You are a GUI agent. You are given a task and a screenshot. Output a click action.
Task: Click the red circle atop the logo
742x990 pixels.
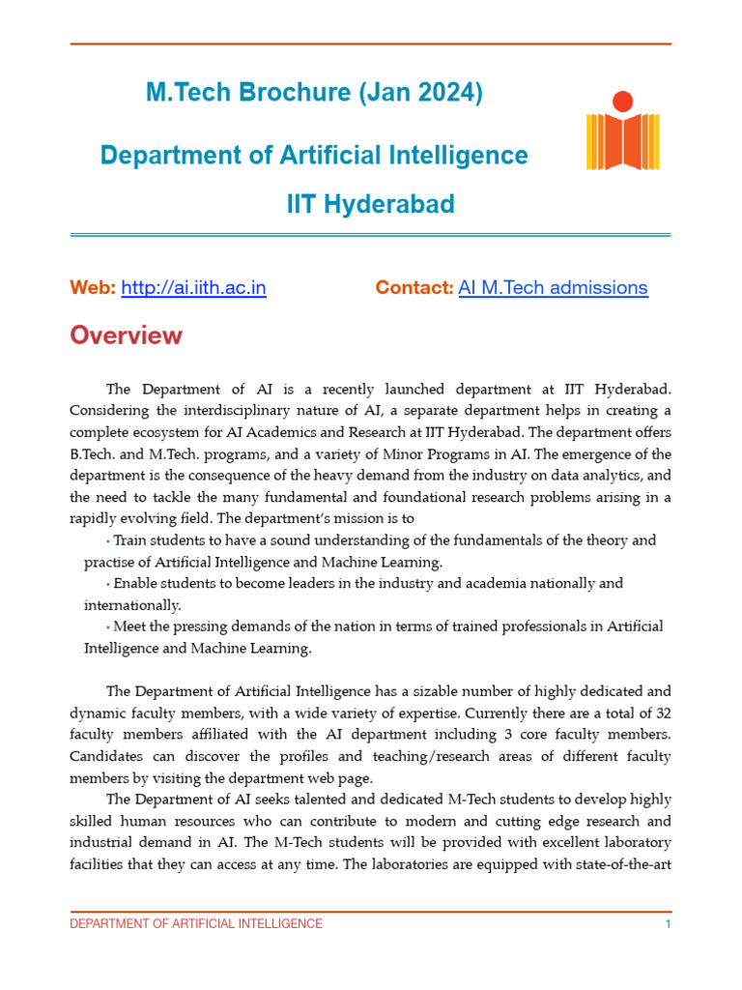click(x=623, y=101)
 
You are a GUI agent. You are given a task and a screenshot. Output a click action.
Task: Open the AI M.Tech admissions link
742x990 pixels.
click(x=553, y=287)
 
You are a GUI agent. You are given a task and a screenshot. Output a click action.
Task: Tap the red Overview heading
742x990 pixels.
click(x=126, y=335)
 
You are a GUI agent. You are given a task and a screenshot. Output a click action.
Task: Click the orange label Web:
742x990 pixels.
click(x=93, y=287)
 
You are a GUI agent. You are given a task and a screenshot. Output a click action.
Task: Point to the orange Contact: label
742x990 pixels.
click(x=414, y=287)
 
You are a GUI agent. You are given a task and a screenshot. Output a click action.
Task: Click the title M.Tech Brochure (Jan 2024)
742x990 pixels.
click(x=314, y=93)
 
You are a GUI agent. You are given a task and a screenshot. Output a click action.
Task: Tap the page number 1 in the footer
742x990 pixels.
click(x=668, y=924)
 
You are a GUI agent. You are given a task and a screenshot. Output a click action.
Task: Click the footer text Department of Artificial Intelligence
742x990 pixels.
click(x=196, y=924)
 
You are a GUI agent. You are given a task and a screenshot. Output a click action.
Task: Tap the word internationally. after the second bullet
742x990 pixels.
click(x=132, y=605)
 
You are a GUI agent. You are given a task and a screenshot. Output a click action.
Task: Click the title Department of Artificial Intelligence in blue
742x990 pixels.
click(x=314, y=155)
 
